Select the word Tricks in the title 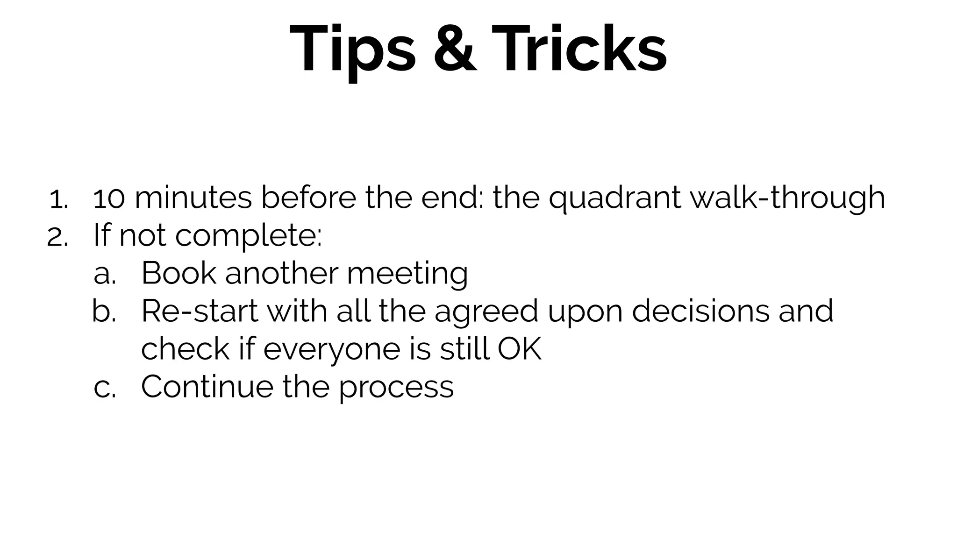[579, 50]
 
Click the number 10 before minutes [109, 198]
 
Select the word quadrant [614, 199]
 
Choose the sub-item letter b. [104, 311]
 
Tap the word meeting [407, 275]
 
